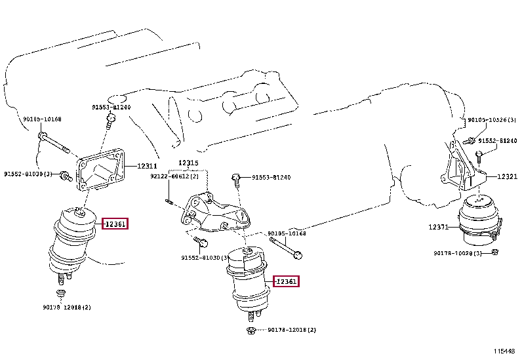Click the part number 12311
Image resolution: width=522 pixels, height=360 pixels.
(147, 167)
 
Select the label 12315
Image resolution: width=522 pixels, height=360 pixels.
(189, 163)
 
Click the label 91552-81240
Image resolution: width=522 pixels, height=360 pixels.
(498, 141)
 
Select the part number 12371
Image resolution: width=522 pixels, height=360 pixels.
(439, 226)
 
